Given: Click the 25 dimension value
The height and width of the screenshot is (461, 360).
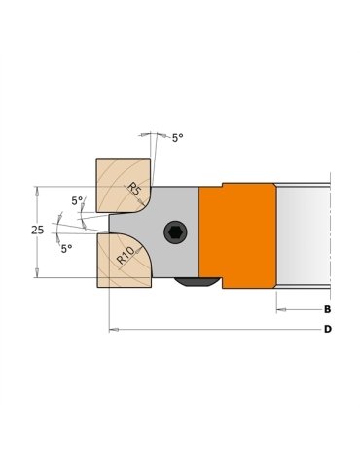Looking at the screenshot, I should tap(37, 230).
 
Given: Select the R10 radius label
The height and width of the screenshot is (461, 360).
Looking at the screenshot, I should tap(126, 256).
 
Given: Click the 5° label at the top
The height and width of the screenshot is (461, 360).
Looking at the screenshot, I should tap(177, 138).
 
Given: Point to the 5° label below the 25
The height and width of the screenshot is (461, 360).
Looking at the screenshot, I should tap(66, 249).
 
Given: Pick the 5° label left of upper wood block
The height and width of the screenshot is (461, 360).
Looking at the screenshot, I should tap(76, 201).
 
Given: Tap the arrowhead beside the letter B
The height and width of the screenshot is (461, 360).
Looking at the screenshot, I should tap(281, 309).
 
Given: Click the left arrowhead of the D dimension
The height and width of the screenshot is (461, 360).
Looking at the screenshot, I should tap(113, 330).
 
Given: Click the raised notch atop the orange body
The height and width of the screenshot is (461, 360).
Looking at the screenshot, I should tap(247, 182).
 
